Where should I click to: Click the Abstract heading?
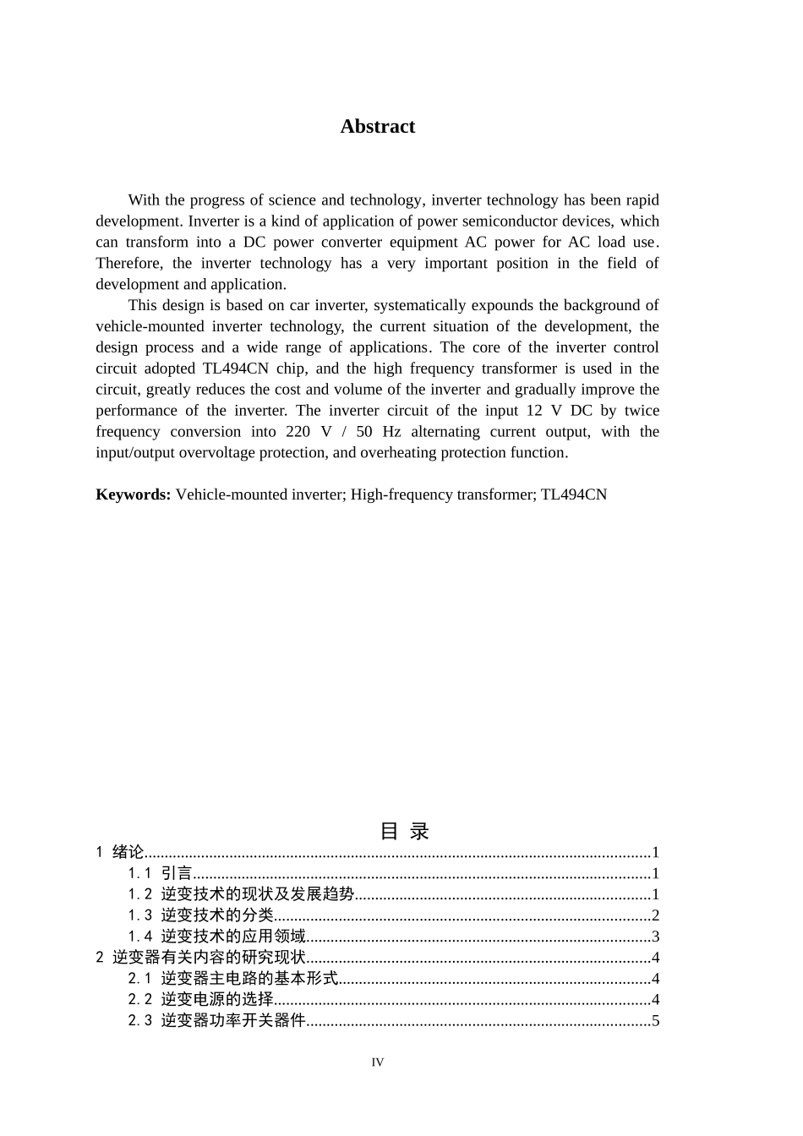(x=377, y=127)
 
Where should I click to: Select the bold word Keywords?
(x=134, y=494)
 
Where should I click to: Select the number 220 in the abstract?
(x=287, y=432)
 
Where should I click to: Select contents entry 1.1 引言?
(x=161, y=873)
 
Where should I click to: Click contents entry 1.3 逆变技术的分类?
(x=201, y=915)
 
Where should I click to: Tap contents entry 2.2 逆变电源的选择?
(x=201, y=1000)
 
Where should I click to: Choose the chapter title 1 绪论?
(x=120, y=852)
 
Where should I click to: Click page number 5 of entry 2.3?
(x=655, y=1021)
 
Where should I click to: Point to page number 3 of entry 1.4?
(x=655, y=937)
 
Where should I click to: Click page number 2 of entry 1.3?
(x=655, y=915)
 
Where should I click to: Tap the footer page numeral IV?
(x=377, y=1062)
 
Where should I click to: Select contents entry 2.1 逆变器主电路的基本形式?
(x=233, y=979)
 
